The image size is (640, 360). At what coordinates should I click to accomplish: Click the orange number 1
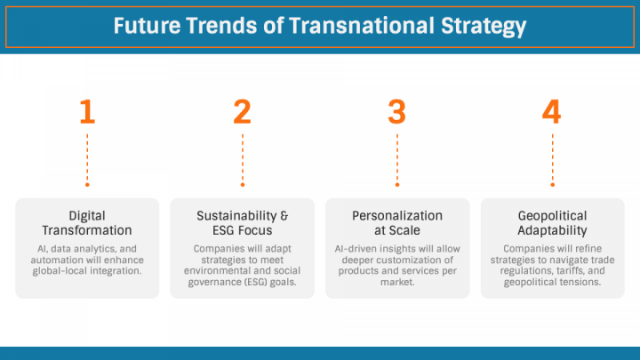click(x=87, y=112)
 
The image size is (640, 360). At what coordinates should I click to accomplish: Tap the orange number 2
click(x=243, y=112)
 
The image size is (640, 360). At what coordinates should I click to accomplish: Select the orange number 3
click(x=396, y=112)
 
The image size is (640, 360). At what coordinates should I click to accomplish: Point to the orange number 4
click(x=552, y=112)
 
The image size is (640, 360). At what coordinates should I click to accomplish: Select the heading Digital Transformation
click(x=87, y=222)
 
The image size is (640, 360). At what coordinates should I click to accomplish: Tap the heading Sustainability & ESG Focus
click(x=243, y=222)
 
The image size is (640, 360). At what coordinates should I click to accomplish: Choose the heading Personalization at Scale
click(x=396, y=222)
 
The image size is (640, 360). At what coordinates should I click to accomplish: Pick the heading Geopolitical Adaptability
click(x=552, y=222)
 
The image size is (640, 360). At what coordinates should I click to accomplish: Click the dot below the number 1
click(x=87, y=185)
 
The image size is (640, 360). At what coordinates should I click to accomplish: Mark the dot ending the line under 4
click(x=552, y=185)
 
